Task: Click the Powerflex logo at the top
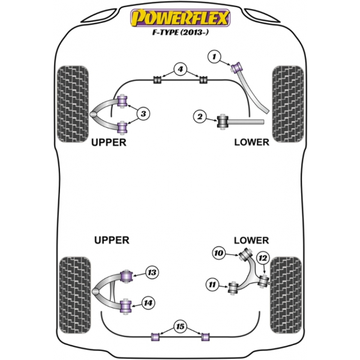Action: click(180, 18)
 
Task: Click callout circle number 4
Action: click(179, 70)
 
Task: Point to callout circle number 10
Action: click(218, 253)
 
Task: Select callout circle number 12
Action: click(262, 258)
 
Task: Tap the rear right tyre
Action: click(286, 290)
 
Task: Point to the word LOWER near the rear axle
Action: click(251, 240)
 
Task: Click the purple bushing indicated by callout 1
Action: click(236, 65)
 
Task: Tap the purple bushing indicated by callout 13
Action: click(127, 277)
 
